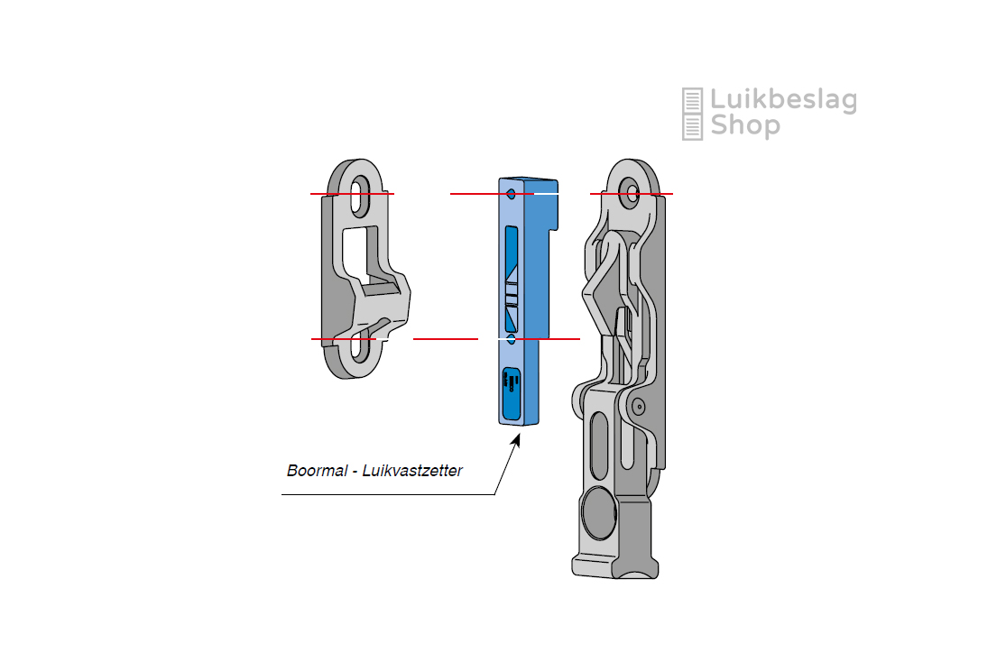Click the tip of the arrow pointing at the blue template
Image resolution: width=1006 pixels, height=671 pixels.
[519, 435]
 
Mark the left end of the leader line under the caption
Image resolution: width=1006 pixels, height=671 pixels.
[281, 494]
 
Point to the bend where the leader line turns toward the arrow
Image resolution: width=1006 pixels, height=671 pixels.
[494, 494]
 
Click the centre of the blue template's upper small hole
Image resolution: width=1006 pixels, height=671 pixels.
[512, 194]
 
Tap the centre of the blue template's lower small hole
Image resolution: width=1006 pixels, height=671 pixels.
[512, 339]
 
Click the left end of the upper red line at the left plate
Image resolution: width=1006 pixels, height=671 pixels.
[311, 193]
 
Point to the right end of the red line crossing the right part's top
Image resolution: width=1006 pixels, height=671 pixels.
[673, 193]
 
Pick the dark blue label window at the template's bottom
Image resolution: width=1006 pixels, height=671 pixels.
[512, 393]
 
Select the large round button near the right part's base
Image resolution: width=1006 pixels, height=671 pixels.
[598, 512]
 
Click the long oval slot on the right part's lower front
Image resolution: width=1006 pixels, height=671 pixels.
[598, 446]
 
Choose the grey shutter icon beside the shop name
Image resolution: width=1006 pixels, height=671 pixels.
[692, 115]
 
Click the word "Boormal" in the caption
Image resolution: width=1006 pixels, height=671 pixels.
[317, 471]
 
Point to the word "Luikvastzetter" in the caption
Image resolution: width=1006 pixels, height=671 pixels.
[412, 471]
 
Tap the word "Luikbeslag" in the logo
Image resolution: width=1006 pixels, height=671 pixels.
[783, 101]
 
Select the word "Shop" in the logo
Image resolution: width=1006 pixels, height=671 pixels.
[745, 125]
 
